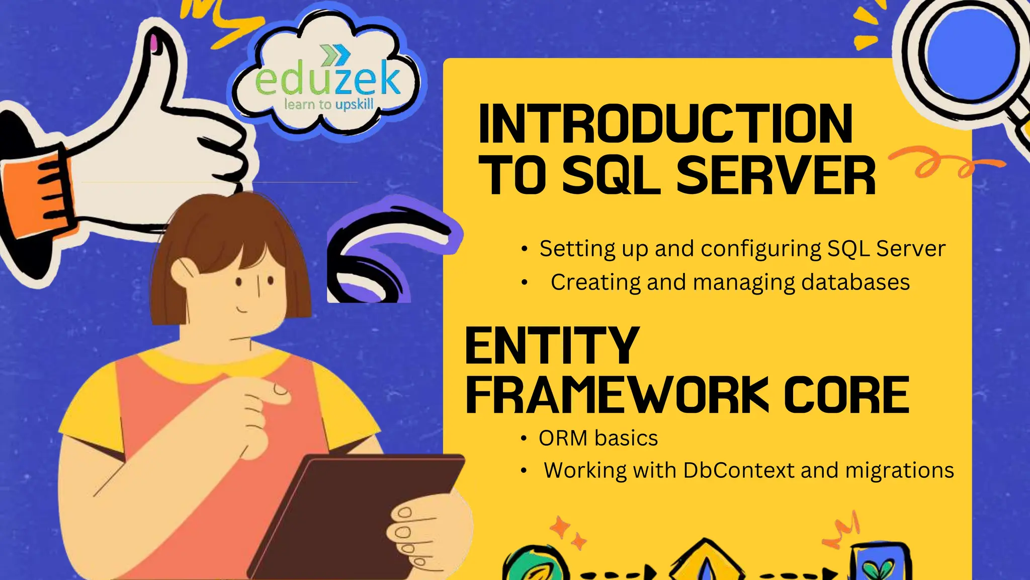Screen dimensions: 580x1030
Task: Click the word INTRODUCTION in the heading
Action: tap(665, 124)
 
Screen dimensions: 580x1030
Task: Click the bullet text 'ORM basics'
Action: tap(598, 439)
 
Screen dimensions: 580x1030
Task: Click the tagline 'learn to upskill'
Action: tap(329, 105)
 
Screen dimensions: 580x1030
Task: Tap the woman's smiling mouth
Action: tap(242, 308)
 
